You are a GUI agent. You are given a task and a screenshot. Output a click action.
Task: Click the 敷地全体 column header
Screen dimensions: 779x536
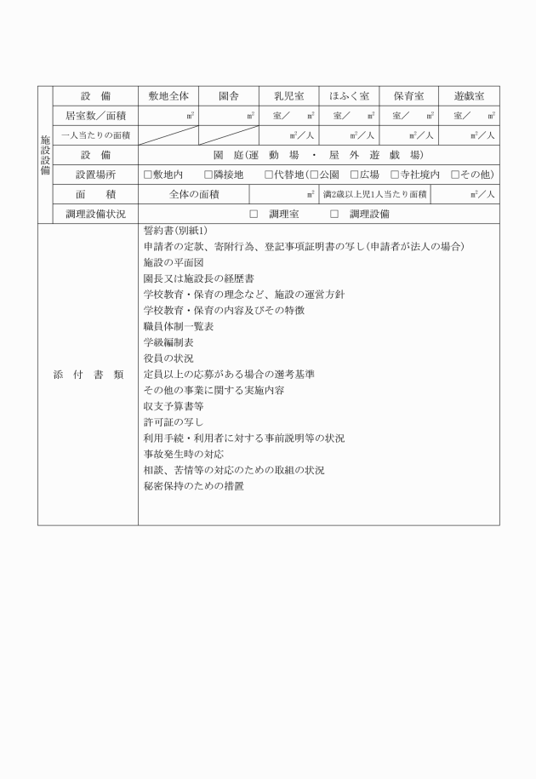point(168,96)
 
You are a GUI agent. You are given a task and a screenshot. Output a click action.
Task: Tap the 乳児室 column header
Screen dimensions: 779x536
point(288,96)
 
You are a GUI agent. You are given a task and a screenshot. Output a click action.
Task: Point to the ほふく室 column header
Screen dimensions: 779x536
point(349,96)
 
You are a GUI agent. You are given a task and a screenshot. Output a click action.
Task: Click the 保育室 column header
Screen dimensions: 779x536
point(408,96)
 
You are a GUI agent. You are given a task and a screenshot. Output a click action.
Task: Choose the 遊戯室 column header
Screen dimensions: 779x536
point(469,96)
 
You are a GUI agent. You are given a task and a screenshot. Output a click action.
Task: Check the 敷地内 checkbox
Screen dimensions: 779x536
point(148,175)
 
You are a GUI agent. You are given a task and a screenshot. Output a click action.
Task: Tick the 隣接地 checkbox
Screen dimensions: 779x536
point(208,175)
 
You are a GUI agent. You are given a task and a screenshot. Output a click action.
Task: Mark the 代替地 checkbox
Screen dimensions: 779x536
point(269,175)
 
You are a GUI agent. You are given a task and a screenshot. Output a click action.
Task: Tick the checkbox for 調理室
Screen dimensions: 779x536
point(254,214)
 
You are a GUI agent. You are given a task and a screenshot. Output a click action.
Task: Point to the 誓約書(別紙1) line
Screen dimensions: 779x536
point(181,231)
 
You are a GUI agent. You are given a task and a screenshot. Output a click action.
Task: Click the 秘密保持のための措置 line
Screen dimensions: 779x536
point(194,486)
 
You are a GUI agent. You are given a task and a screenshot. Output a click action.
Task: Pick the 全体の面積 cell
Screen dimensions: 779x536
point(194,194)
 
